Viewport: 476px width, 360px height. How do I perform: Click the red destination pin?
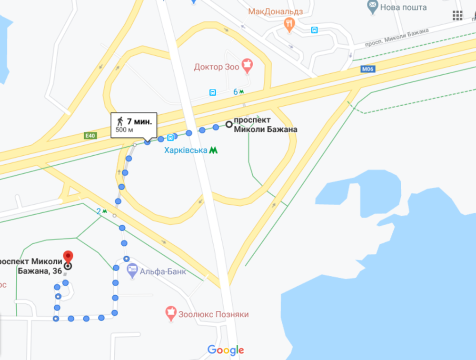pyautogui.click(x=68, y=256)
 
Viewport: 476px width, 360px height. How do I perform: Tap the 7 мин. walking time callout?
pyautogui.click(x=134, y=125)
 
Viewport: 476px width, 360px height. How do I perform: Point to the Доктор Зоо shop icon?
pyautogui.click(x=247, y=64)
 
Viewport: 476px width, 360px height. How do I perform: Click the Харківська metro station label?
pyautogui.click(x=186, y=150)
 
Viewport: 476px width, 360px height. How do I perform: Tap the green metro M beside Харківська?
pyautogui.click(x=214, y=150)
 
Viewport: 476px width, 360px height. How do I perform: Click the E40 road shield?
pyautogui.click(x=90, y=136)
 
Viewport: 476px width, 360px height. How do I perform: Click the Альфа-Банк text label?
pyautogui.click(x=163, y=272)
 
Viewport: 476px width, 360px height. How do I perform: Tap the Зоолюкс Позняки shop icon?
pyautogui.click(x=170, y=313)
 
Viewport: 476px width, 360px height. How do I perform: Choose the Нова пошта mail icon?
pyautogui.click(x=373, y=7)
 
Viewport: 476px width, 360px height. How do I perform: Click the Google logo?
pyautogui.click(x=225, y=350)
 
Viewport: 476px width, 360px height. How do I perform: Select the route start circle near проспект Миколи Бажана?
pyautogui.click(x=228, y=125)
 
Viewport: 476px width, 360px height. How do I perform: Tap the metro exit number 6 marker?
pyautogui.click(x=238, y=91)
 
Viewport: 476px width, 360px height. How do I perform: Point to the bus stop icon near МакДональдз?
pyautogui.click(x=315, y=30)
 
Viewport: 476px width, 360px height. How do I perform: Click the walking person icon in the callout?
pyautogui.click(x=120, y=121)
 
